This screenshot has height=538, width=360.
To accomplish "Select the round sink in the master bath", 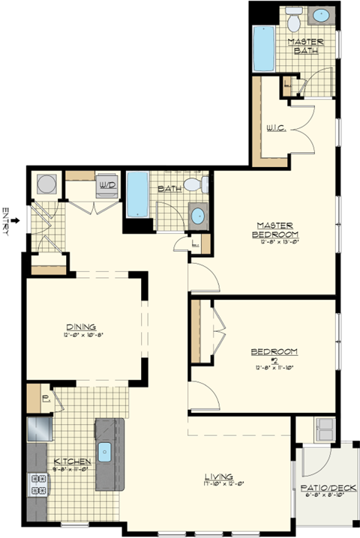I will pyautogui.click(x=322, y=15).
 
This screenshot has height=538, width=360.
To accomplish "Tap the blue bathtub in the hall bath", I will pyautogui.click(x=137, y=193).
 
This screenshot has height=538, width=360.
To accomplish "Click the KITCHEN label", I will pyautogui.click(x=72, y=462).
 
